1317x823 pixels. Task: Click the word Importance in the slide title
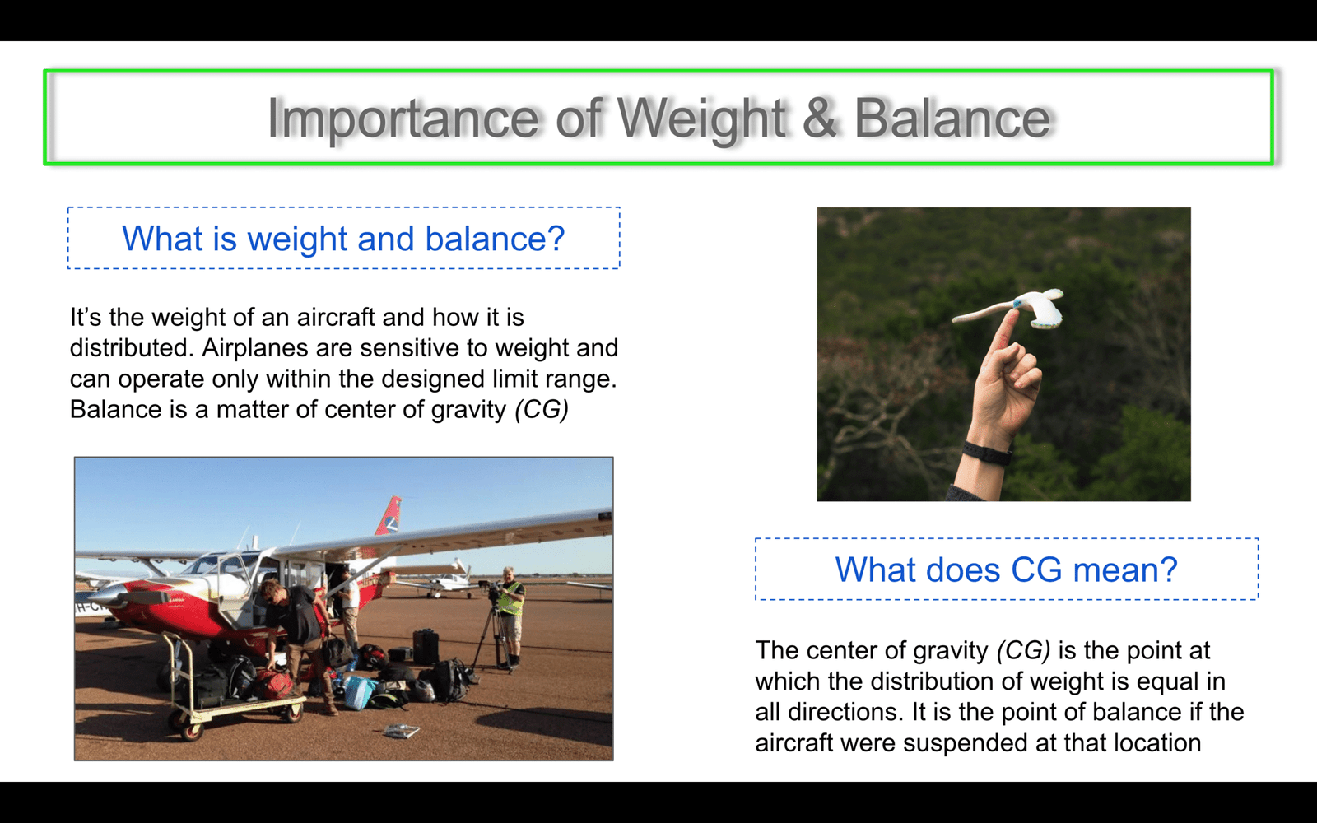[403, 119]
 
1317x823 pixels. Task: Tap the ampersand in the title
[819, 119]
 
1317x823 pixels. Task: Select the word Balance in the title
[952, 119]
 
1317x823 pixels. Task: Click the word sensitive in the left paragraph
[409, 348]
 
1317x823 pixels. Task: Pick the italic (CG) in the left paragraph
[542, 410]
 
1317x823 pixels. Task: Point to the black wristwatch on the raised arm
[987, 453]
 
